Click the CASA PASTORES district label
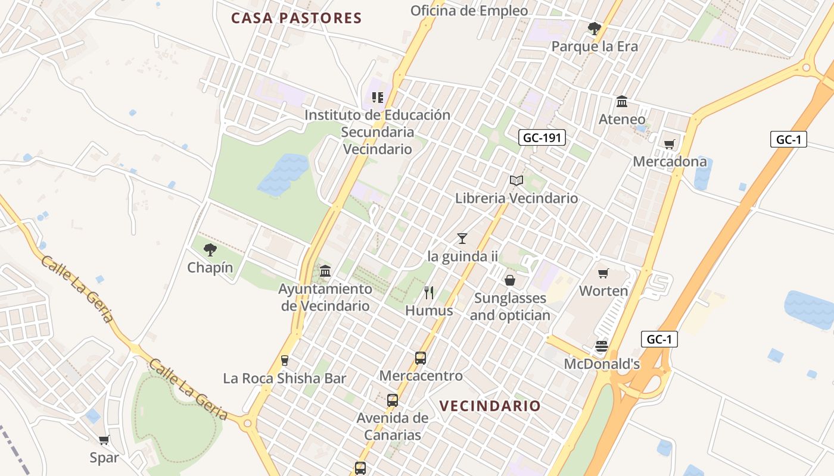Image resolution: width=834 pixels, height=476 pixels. point(296,18)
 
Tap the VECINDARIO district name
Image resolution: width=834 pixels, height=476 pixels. point(490,406)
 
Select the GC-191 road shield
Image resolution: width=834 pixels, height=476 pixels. point(542,138)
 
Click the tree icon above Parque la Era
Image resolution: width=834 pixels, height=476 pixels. point(594,28)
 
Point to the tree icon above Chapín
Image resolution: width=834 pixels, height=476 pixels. point(210,250)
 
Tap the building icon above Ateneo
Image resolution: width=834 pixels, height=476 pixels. point(622,102)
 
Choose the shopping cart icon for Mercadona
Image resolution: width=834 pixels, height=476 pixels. point(670,144)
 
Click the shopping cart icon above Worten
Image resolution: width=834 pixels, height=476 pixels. point(603,274)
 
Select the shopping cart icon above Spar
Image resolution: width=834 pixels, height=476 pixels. point(104,440)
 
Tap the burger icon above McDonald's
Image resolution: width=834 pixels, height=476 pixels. point(602,346)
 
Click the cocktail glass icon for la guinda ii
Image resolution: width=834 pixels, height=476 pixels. point(462,239)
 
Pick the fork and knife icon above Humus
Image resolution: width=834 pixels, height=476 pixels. point(429,292)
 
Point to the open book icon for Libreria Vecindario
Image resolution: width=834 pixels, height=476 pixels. point(516,180)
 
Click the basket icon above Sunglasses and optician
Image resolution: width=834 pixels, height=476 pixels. point(510,280)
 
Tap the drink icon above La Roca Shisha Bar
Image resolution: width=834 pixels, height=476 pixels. point(285,360)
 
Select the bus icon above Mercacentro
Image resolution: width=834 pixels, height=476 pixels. point(421,358)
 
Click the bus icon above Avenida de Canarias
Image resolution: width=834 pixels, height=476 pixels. point(392,400)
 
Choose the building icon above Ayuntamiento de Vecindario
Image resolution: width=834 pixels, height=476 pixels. point(325,271)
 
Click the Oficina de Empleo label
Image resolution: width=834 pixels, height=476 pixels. point(469,11)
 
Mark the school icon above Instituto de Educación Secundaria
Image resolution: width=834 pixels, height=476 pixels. point(377,97)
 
